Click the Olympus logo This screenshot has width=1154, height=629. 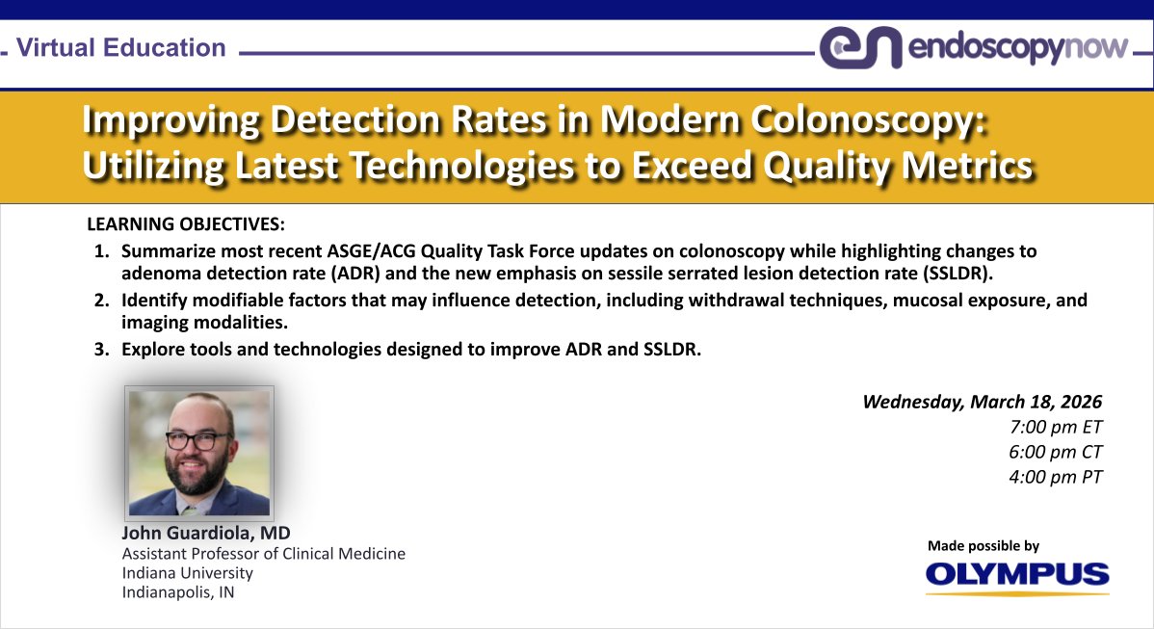(x=1017, y=575)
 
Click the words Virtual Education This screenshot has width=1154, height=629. (x=121, y=47)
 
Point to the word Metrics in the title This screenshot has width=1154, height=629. (x=957, y=166)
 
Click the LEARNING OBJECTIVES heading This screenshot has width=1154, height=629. (x=186, y=225)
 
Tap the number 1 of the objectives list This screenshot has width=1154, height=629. (x=101, y=251)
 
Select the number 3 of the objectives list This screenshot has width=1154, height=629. (x=101, y=349)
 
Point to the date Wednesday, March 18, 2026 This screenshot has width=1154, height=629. (x=982, y=402)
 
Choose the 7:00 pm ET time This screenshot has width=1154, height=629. (x=1052, y=427)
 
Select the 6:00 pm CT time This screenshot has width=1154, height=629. (x=1052, y=451)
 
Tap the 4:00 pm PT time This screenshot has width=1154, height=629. (x=1052, y=476)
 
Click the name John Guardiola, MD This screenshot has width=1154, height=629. (x=206, y=533)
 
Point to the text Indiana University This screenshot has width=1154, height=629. (x=187, y=573)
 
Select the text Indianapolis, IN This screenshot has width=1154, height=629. (x=177, y=592)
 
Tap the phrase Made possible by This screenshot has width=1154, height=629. (x=984, y=546)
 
